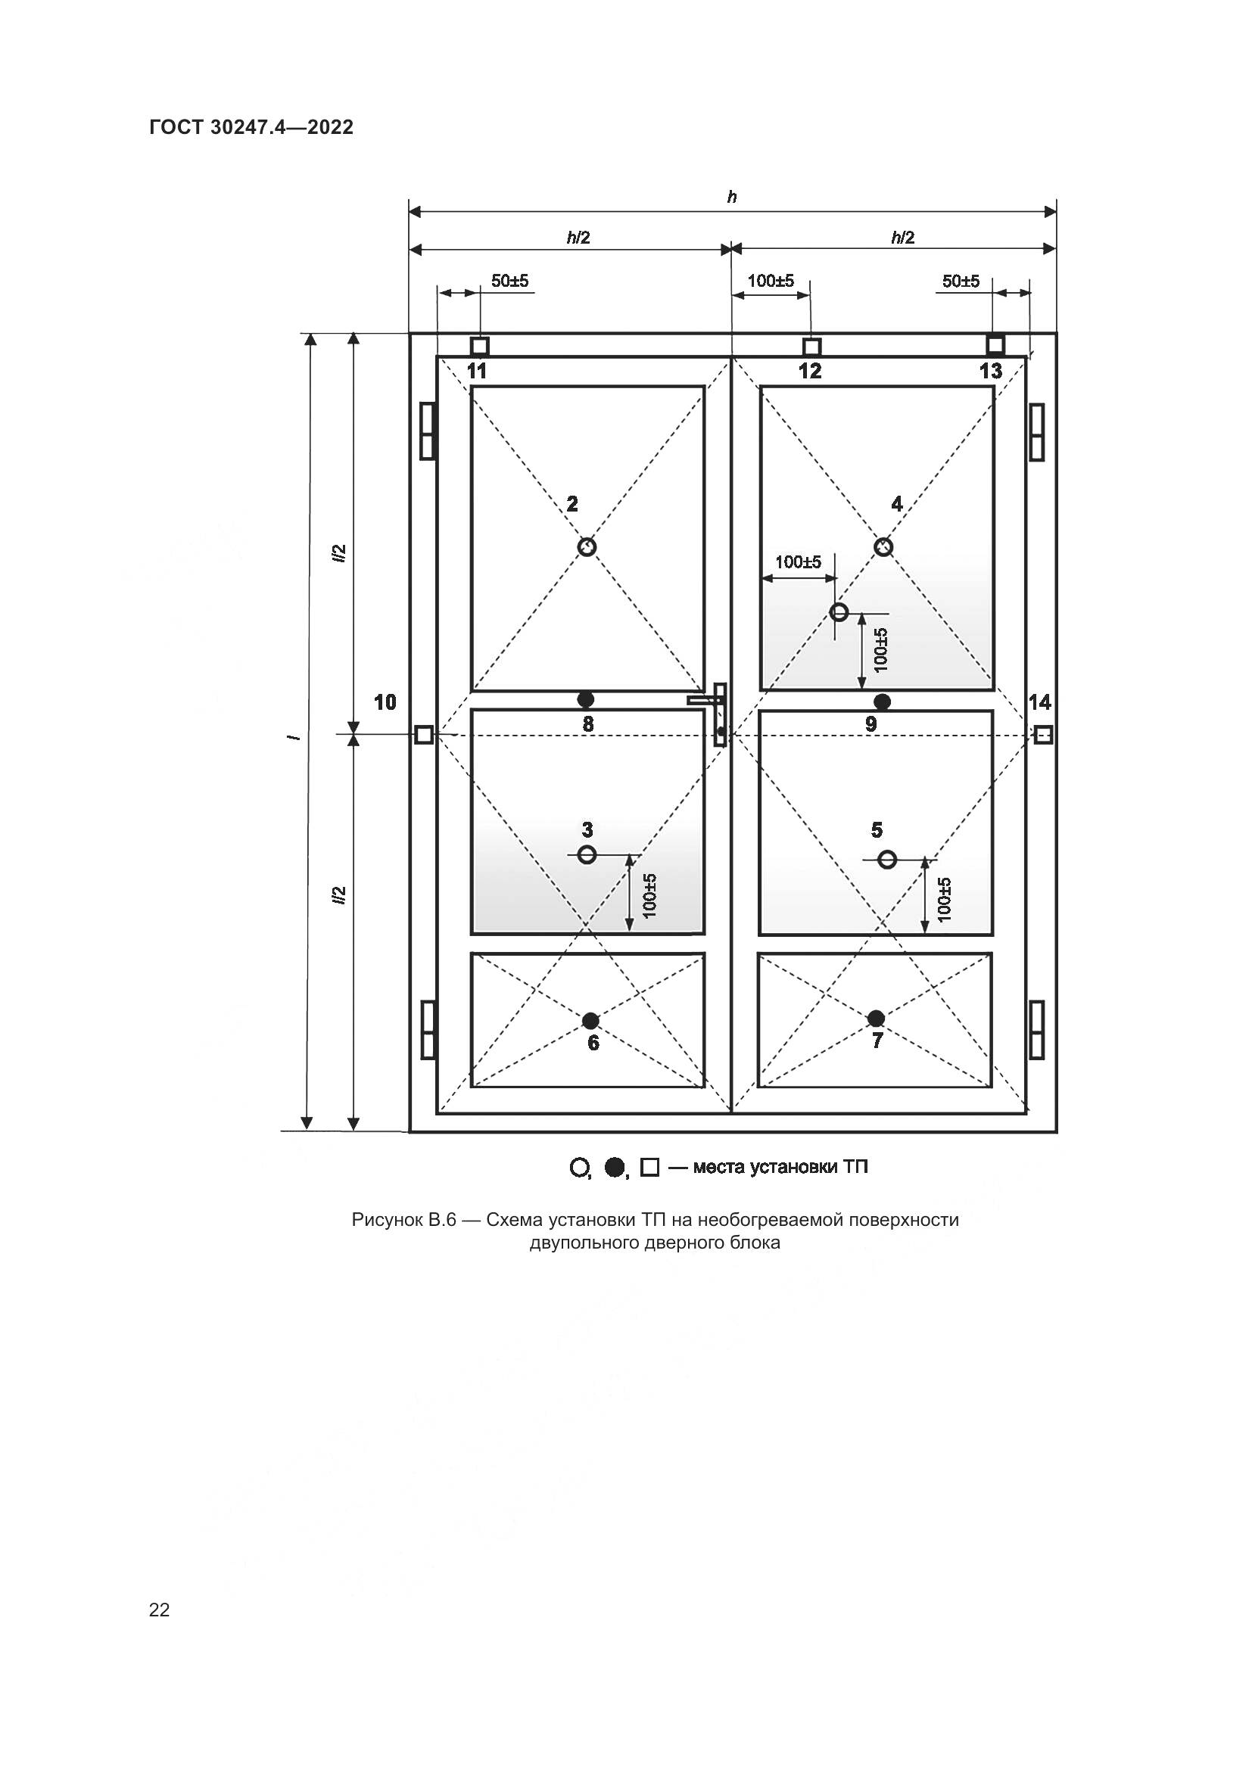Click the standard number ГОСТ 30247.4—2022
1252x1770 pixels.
(x=251, y=128)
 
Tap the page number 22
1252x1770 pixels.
(x=159, y=1610)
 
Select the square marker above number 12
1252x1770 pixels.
(x=811, y=346)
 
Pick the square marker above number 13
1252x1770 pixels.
(x=995, y=344)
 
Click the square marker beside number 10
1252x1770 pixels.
(x=423, y=735)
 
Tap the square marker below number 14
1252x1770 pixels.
(x=1042, y=735)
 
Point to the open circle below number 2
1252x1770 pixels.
(x=587, y=546)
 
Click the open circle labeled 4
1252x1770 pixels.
(x=883, y=546)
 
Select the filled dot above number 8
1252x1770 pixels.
(x=586, y=699)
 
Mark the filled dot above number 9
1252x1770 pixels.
(x=882, y=701)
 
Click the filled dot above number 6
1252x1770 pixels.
(x=590, y=1021)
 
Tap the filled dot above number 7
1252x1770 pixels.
(x=876, y=1019)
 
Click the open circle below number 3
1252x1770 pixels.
(x=587, y=854)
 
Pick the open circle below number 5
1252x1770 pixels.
(x=886, y=859)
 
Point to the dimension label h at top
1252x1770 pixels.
(x=732, y=197)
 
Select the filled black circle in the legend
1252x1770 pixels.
(x=614, y=1168)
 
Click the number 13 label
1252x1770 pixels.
(x=991, y=371)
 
